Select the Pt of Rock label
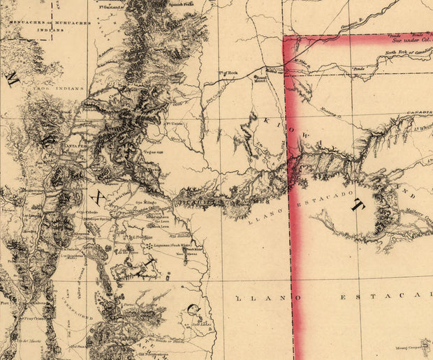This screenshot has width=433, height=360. (x=228, y=72)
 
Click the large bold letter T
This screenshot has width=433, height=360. (x=359, y=205)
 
